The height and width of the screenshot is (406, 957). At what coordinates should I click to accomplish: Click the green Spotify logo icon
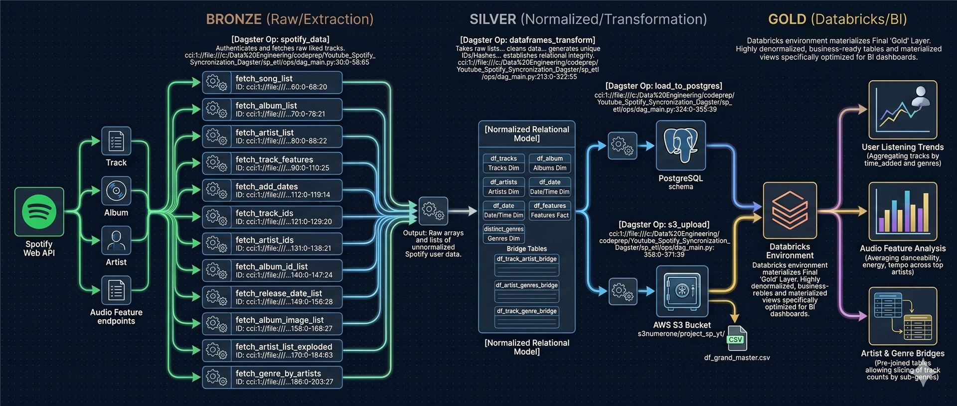point(39,211)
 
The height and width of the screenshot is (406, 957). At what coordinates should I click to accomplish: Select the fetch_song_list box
point(272,82)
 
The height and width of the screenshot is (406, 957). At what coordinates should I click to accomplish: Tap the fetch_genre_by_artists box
point(272,377)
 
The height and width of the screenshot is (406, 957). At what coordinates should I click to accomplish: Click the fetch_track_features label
point(274,159)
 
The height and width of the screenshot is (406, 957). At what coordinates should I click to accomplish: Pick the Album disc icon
point(116,191)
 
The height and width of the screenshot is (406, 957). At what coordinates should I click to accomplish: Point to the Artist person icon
point(116,241)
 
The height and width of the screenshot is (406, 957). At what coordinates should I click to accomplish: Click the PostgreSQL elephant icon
point(680,145)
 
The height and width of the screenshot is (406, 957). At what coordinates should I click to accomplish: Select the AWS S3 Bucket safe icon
point(682,291)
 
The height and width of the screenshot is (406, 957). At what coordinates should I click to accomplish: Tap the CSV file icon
point(737,338)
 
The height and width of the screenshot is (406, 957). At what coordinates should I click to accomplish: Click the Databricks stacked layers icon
point(790,210)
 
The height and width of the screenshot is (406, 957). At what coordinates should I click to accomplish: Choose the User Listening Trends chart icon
point(903,110)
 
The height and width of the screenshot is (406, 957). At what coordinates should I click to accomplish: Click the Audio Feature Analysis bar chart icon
point(903,211)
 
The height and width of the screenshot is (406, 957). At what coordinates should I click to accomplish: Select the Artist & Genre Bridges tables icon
point(903,316)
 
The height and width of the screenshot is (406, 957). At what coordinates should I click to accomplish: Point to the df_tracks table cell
point(503,163)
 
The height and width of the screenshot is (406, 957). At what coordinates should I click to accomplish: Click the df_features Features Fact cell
point(550,210)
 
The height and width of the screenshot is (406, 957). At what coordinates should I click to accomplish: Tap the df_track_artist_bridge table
point(526,265)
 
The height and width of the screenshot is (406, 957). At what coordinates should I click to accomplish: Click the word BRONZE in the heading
point(234,19)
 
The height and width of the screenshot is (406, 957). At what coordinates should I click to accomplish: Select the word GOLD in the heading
point(787,19)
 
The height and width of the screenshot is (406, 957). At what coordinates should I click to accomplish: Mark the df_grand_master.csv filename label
point(737,358)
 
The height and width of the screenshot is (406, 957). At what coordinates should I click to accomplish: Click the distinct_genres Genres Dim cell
point(503,234)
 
